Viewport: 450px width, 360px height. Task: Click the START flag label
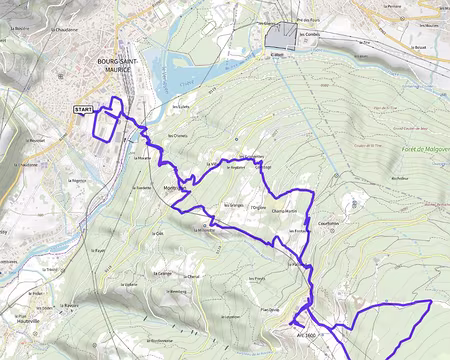[83, 109]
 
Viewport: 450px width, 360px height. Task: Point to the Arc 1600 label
[304, 335]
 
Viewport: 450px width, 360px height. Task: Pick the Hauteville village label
[28, 323]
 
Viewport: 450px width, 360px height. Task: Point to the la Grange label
[165, 273]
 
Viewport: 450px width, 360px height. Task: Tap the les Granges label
[234, 205]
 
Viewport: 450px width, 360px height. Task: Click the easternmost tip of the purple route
[430, 301]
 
